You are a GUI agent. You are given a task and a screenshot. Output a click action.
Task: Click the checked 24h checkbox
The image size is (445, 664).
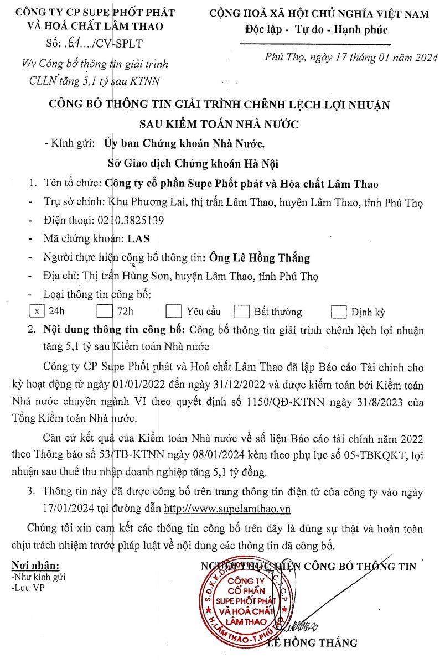[x=37, y=311]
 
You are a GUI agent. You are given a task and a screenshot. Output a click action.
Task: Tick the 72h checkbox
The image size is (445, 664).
[x=104, y=311]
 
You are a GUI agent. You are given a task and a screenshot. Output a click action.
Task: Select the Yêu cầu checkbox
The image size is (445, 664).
[x=174, y=312]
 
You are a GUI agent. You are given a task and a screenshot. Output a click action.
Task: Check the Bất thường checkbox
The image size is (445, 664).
[x=241, y=312]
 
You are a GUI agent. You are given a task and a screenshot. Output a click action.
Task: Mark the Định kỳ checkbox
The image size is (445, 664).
[x=338, y=312]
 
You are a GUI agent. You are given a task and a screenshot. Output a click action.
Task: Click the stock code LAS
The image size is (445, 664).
[x=138, y=239]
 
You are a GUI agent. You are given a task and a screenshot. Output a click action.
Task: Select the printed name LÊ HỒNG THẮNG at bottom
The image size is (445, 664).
[x=312, y=643]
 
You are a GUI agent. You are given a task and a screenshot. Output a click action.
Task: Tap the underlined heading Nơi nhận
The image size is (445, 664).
[x=35, y=566]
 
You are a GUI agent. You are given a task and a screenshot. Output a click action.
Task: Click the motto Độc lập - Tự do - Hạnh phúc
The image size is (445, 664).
[x=316, y=29]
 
